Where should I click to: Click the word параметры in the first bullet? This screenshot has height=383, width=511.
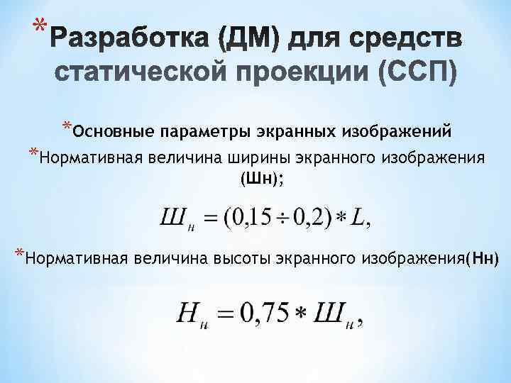click(x=198, y=132)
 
